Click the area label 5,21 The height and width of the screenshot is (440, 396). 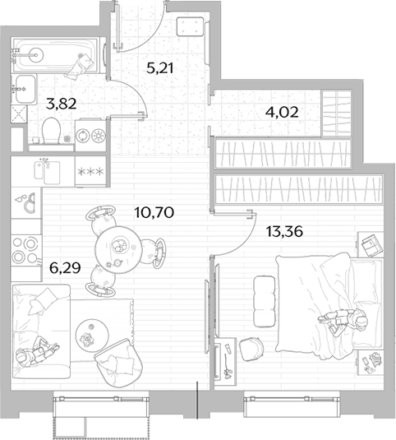[x=160, y=68]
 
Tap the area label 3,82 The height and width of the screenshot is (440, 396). [x=62, y=104]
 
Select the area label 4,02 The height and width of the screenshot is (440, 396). [x=282, y=112]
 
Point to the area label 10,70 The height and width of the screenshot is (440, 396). [x=154, y=212]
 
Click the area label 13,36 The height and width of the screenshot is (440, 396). [x=284, y=231]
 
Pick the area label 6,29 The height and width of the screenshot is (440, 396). [x=65, y=268]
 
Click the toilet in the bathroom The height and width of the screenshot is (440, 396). [x=51, y=131]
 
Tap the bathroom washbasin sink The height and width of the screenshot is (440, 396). [x=25, y=89]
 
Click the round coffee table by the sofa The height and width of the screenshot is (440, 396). [x=92, y=335]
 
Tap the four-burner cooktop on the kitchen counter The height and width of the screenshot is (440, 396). [x=25, y=250]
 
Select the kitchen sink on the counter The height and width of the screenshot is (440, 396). [x=47, y=171]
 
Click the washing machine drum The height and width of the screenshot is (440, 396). [x=83, y=136]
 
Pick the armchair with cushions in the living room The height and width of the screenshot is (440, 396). [x=118, y=363]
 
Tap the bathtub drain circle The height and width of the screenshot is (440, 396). [x=36, y=54]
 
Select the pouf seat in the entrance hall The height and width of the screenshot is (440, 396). [x=190, y=26]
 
